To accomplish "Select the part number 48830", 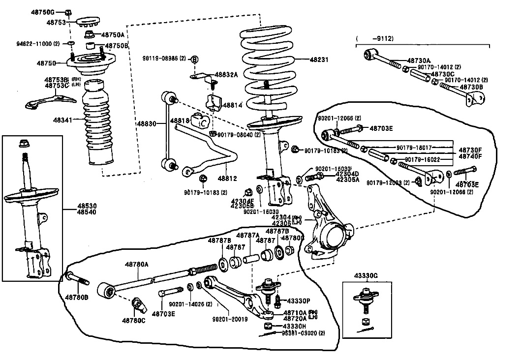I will coord(146,124).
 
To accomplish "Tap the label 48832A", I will coord(227,75).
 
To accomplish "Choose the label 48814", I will coord(233,105).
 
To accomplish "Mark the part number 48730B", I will coord(471,87).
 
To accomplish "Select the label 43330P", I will coord(299,300).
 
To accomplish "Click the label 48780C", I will coord(133,321).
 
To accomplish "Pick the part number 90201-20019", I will coord(230,319).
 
